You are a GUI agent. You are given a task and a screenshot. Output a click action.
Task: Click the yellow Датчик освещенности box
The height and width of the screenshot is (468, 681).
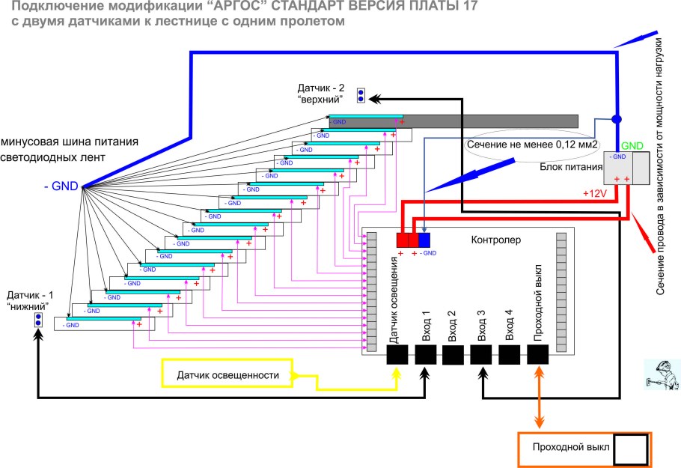(227, 374)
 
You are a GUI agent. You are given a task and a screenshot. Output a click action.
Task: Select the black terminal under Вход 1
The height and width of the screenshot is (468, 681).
(425, 355)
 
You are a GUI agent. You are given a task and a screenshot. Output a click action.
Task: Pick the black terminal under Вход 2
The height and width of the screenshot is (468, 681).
(453, 355)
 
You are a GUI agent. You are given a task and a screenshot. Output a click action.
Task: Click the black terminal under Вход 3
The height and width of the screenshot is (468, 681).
(481, 355)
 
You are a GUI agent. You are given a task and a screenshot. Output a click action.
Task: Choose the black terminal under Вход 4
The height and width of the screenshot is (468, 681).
(510, 355)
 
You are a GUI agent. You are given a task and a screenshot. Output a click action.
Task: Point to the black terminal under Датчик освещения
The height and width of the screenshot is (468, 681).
(397, 355)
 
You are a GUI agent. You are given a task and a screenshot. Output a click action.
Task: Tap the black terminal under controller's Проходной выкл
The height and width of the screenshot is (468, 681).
(538, 355)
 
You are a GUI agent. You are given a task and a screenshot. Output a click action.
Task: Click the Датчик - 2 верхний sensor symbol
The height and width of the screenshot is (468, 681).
(361, 96)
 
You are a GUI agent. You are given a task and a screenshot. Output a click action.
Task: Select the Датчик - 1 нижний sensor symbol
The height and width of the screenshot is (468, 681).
(37, 320)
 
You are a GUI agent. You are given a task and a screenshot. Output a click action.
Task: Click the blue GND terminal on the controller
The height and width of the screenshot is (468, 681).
(424, 240)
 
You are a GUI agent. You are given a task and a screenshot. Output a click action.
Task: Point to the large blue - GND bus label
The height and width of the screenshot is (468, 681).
(61, 186)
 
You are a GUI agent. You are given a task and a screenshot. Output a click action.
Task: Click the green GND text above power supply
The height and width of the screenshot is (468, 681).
(632, 145)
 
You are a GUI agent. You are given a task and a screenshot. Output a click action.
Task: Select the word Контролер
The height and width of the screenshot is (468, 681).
(495, 240)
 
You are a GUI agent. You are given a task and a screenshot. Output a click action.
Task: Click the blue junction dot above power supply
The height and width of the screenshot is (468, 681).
(617, 119)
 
